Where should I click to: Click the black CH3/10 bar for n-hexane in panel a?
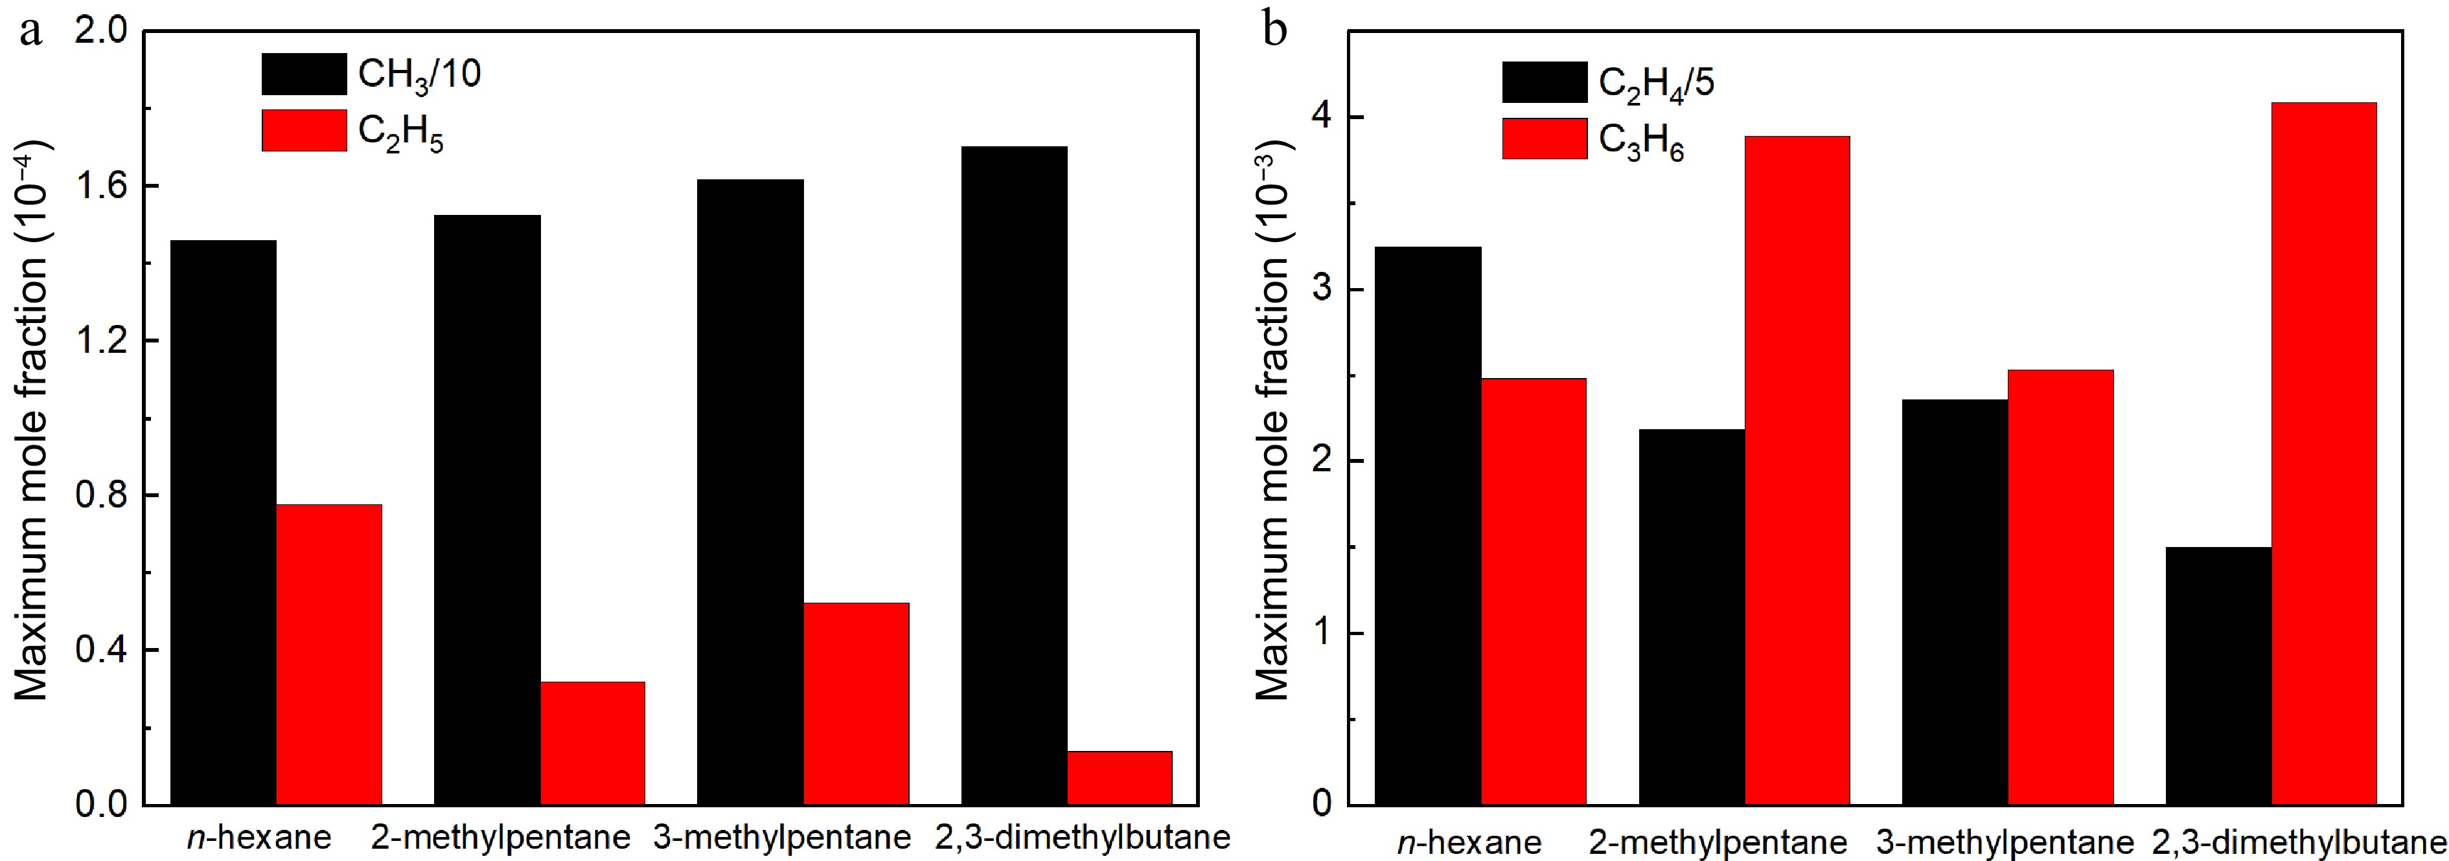(x=224, y=522)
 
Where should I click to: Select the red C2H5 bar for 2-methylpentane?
(x=592, y=743)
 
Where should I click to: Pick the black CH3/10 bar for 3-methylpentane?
(x=750, y=491)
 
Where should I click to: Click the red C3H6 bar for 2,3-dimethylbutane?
(x=2323, y=453)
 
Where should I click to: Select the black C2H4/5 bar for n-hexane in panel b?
(x=1428, y=526)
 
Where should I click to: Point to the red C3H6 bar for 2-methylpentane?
(x=1797, y=471)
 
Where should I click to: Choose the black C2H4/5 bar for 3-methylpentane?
(x=1955, y=601)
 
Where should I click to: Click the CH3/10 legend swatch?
(x=305, y=74)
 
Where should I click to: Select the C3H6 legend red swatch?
(x=1544, y=139)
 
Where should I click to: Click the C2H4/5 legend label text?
(x=1656, y=84)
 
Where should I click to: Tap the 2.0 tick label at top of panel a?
(x=101, y=31)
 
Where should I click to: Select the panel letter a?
(x=30, y=30)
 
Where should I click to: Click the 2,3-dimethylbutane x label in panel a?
(x=1082, y=837)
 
